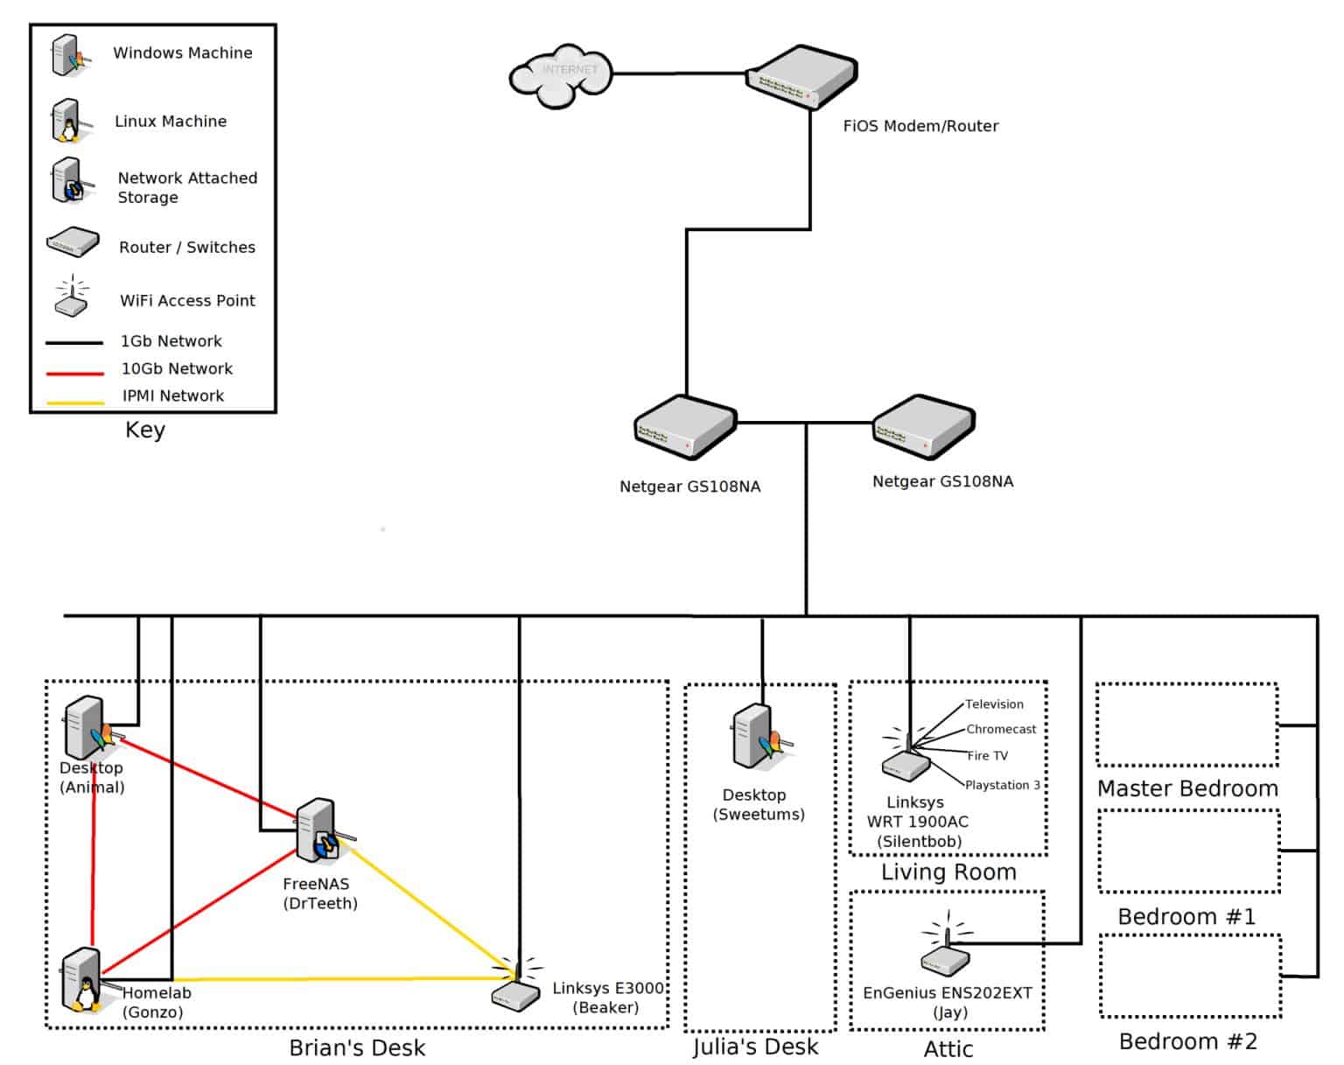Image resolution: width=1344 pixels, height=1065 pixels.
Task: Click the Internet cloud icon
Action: [x=560, y=75]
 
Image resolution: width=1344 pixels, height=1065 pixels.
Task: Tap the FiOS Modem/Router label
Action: [x=920, y=126]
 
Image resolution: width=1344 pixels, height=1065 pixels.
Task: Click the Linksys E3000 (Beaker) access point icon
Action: [x=516, y=984]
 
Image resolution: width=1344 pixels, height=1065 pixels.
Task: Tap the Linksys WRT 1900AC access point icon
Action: [x=906, y=756]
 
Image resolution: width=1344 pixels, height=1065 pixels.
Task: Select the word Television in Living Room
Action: [x=994, y=704]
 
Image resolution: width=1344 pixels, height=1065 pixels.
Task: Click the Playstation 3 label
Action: [x=1003, y=785]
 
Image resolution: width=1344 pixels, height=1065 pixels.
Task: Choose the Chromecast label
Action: [x=1000, y=730]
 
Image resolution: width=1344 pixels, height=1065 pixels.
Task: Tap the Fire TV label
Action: [x=987, y=756]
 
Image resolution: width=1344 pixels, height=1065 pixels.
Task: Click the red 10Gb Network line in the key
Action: [x=75, y=373]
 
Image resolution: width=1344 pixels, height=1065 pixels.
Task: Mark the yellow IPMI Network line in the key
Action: [x=75, y=403]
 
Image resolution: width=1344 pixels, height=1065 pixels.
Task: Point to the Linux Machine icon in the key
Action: [x=71, y=121]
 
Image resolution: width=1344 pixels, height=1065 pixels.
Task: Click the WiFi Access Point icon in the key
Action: [x=71, y=296]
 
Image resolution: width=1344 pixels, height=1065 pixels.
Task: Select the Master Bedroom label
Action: [x=1188, y=789]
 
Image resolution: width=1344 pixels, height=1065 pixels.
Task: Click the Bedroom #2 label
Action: [x=1188, y=1042]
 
